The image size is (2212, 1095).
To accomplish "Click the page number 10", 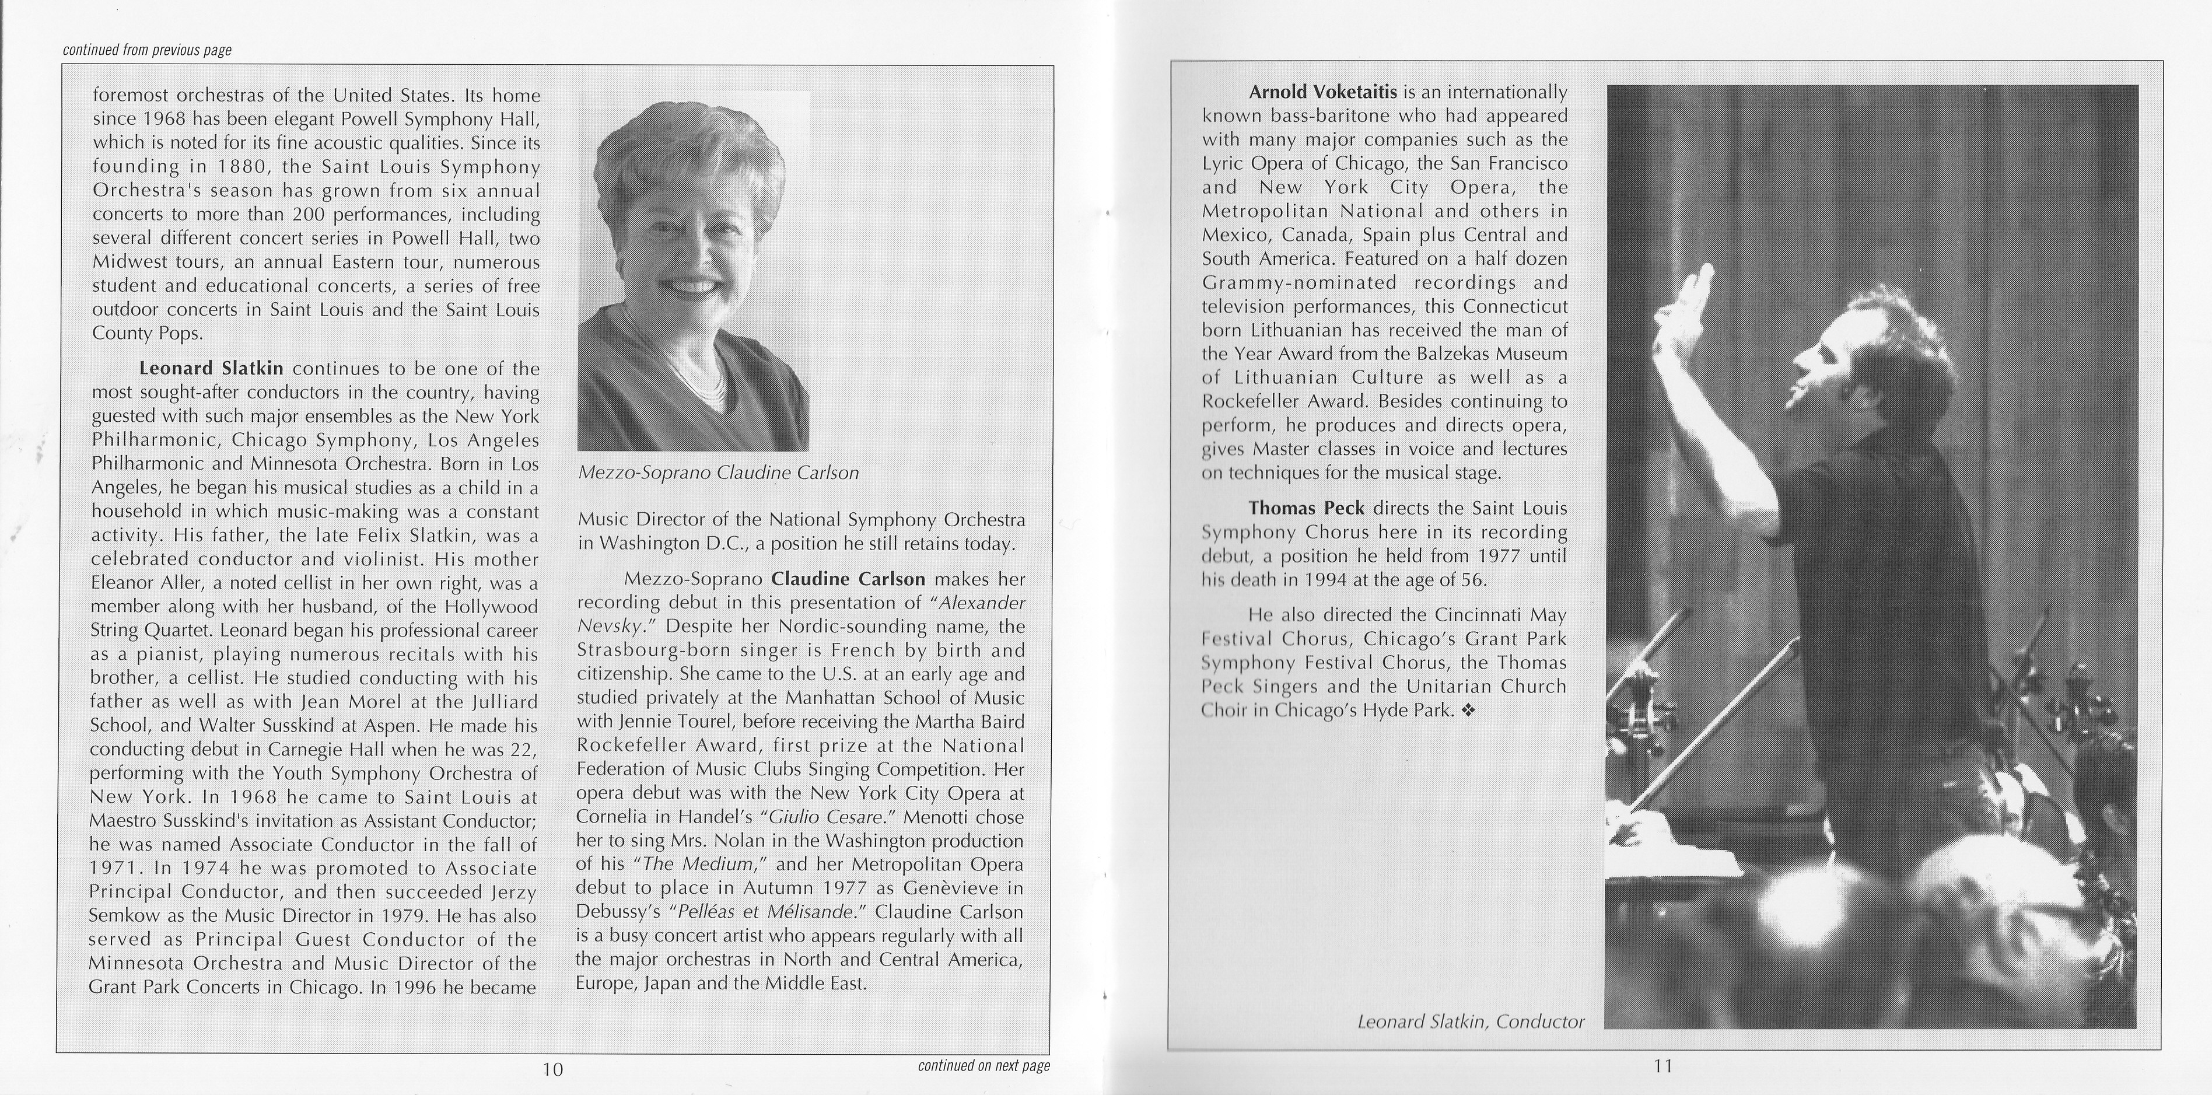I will click(x=552, y=1069).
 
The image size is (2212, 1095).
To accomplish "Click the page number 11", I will click(x=1662, y=1066).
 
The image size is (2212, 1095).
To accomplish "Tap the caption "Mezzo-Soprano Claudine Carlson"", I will click(x=718, y=473).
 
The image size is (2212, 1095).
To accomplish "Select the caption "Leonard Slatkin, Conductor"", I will click(x=1470, y=1021).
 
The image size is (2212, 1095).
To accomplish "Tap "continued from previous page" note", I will click(x=147, y=50).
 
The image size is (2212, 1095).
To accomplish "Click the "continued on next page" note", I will click(x=983, y=1066).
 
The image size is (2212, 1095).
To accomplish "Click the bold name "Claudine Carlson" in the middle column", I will click(x=848, y=578).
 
